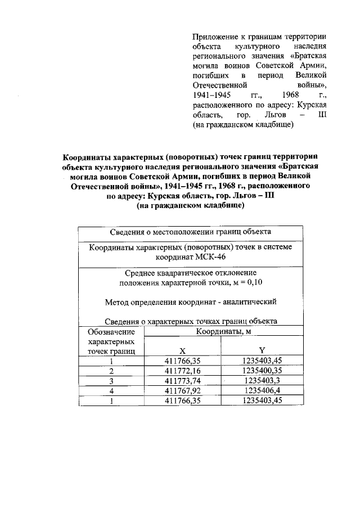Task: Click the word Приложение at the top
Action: coord(214,35)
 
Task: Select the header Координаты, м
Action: coord(223,332)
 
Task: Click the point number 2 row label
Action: coord(111,371)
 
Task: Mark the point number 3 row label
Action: coord(111,381)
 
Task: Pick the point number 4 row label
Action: coord(111,390)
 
